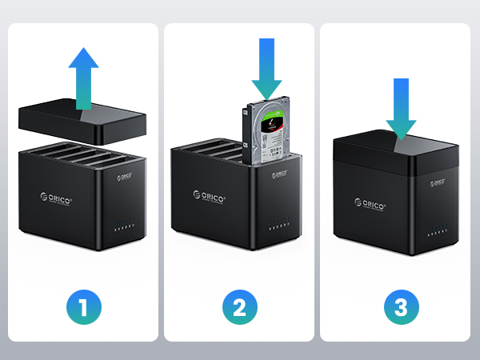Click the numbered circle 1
83,306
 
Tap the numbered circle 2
240,306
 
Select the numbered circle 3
397,306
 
